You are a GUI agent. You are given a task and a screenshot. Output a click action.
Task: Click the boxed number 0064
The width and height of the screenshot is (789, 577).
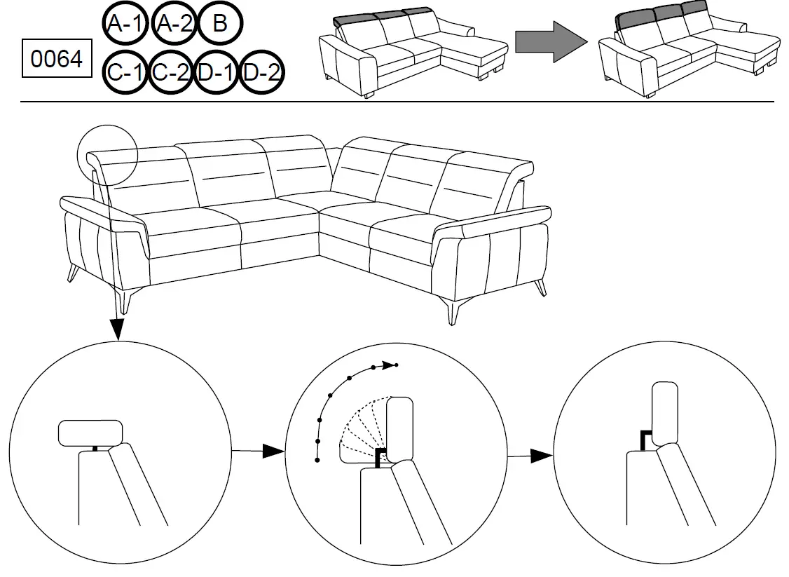click(x=58, y=60)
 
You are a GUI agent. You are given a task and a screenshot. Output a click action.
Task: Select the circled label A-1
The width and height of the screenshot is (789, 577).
click(x=125, y=25)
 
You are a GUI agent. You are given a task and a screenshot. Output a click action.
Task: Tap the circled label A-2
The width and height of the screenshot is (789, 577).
click(x=172, y=25)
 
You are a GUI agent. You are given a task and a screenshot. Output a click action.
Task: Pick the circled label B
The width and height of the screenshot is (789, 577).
click(x=220, y=25)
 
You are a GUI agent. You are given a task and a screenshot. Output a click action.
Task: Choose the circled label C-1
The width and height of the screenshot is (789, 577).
click(x=125, y=72)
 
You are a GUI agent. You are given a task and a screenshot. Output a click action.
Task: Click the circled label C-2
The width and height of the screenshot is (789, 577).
click(x=171, y=72)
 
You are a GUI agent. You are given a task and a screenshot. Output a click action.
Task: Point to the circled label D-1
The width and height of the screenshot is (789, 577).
click(x=216, y=72)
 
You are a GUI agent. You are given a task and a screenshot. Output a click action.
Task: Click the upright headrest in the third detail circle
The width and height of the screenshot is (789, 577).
click(x=665, y=411)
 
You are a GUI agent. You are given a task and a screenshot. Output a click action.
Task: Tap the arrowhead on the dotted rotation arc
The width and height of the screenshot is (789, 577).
click(x=385, y=365)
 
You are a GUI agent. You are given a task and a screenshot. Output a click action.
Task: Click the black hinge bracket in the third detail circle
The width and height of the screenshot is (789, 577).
click(x=644, y=440)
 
